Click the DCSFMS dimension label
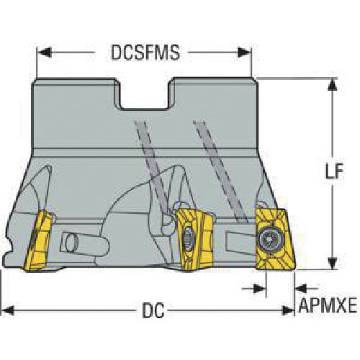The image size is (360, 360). (x=145, y=53)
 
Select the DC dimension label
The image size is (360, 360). (x=153, y=310)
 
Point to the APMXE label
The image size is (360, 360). (x=328, y=305)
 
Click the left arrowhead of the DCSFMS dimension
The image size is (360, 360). (x=44, y=53)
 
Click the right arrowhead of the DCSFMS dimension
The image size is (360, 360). (x=244, y=53)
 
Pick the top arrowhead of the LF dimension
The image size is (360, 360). (x=333, y=84)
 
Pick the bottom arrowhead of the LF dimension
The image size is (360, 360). (x=333, y=264)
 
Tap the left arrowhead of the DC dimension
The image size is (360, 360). (x=7, y=310)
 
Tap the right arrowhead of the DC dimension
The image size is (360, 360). (x=288, y=310)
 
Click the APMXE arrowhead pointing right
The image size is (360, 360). (x=260, y=288)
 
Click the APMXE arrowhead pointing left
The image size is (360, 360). (x=301, y=288)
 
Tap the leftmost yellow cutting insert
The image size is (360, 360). (x=40, y=240)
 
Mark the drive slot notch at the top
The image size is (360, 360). (x=144, y=94)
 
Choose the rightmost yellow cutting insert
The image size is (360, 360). (x=275, y=239)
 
